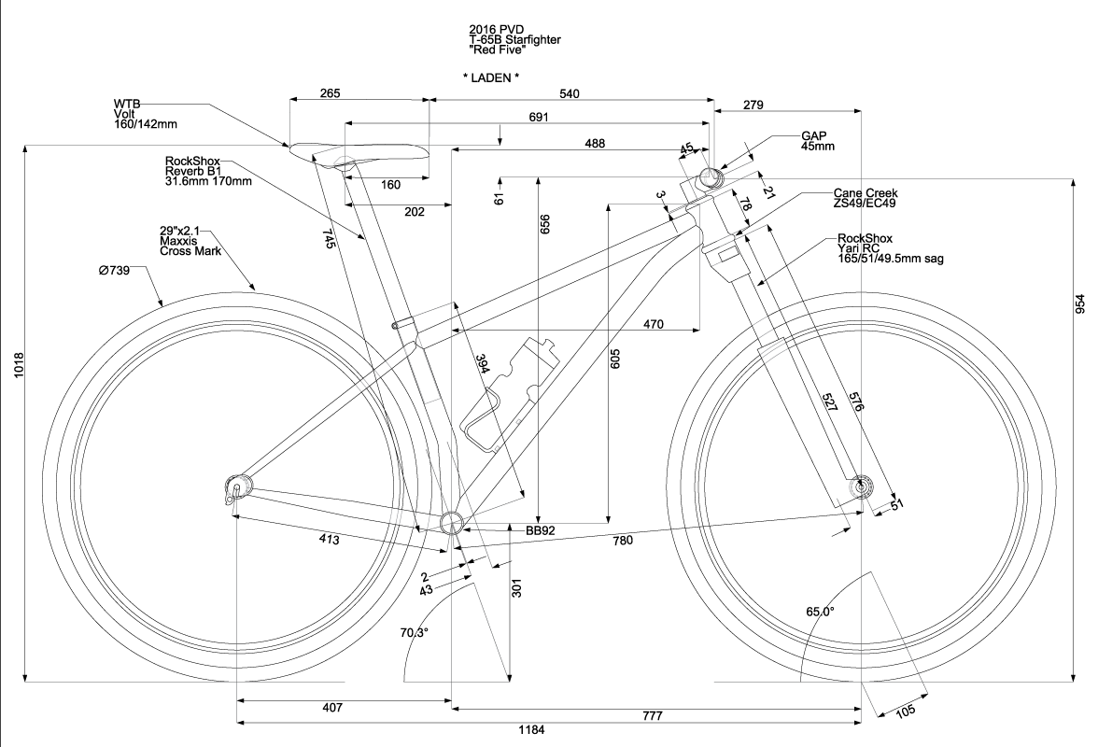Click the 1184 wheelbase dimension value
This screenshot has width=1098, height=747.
coord(531,730)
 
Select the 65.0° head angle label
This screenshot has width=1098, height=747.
coord(820,612)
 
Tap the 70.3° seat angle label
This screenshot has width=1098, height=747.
coord(415,633)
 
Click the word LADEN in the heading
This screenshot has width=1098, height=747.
coord(491,78)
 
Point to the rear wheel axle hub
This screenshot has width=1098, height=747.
coord(237,486)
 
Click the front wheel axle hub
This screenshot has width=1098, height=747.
coord(860,486)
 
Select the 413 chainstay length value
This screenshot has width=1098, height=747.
coord(329,540)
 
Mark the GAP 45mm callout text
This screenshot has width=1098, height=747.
coord(817,141)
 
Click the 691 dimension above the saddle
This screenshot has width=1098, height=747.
coord(539,118)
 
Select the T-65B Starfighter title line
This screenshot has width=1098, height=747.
coord(515,40)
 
